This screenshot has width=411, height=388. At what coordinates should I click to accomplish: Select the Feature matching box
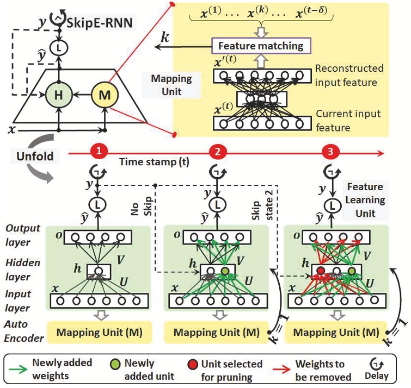click(261, 46)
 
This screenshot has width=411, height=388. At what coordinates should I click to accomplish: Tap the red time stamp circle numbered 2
click(218, 151)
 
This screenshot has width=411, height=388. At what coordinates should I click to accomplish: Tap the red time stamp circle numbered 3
click(329, 151)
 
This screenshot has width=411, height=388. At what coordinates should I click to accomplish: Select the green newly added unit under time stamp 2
click(224, 270)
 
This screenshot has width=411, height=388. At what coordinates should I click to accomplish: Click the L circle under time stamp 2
click(218, 204)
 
